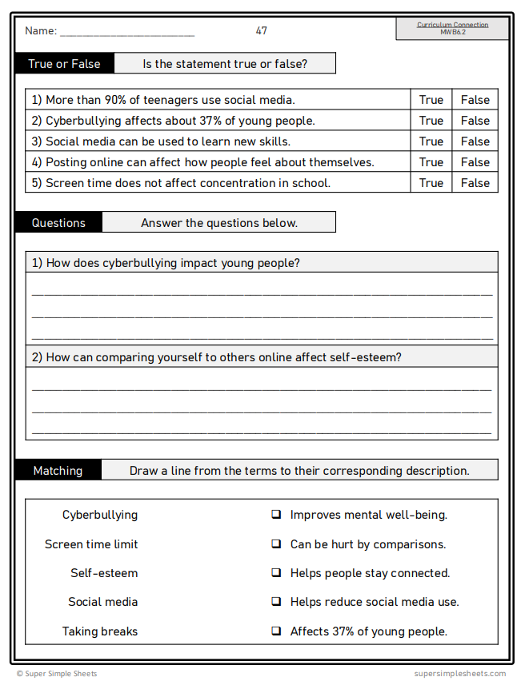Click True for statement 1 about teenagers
[431, 100]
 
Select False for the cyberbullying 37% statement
[475, 121]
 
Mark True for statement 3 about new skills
[431, 141]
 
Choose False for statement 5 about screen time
[475, 183]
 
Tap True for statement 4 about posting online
[431, 162]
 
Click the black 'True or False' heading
[64, 64]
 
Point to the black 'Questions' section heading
[58, 223]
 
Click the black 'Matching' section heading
[58, 471]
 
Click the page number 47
[262, 31]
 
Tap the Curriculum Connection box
[452, 28]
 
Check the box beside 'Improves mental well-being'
[276, 515]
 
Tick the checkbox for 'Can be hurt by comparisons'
[276, 544]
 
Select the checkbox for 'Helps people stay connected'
[276, 572]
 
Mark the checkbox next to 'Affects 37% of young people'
[276, 631]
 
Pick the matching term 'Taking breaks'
[100, 631]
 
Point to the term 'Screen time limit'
[91, 544]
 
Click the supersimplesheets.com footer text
[460, 674]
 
